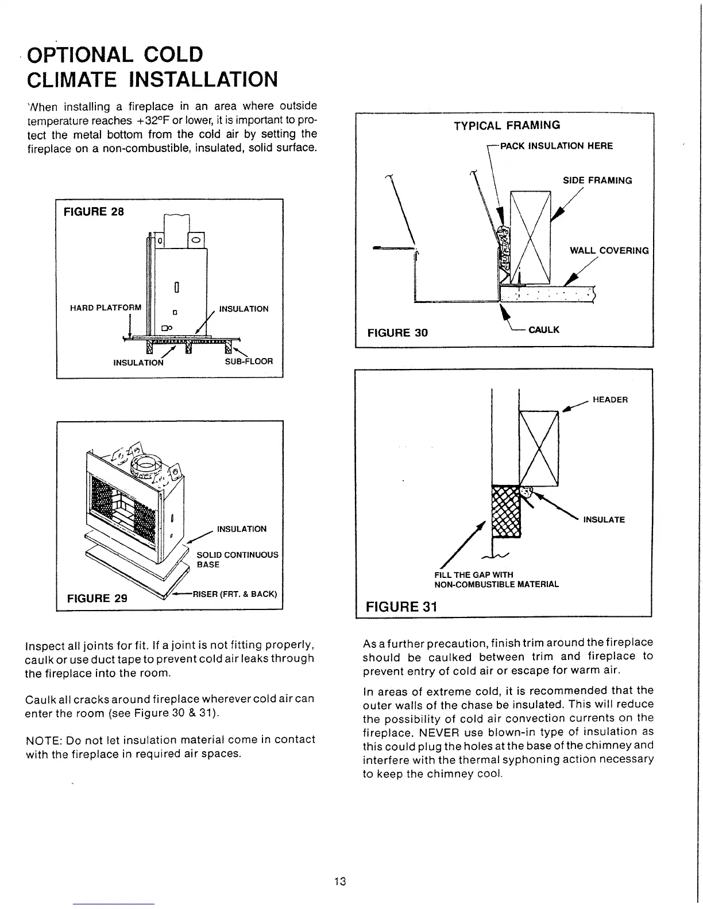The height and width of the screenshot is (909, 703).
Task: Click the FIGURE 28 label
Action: (94, 211)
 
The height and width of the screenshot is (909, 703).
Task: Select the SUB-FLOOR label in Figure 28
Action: (248, 362)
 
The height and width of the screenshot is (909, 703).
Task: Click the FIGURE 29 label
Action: (97, 598)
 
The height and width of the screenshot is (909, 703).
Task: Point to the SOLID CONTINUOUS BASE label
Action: (237, 560)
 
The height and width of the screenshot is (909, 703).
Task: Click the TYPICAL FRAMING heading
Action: (507, 125)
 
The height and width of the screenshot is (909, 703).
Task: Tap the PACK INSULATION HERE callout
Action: (556, 146)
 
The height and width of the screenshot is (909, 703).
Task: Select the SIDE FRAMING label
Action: (597, 180)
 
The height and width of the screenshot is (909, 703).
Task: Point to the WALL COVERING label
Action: (609, 250)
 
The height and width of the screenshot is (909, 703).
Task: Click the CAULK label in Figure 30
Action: (543, 329)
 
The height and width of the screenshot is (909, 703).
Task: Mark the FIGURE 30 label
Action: (397, 333)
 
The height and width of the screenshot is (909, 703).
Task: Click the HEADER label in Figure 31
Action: (610, 399)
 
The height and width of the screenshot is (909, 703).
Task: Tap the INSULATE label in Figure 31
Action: (604, 520)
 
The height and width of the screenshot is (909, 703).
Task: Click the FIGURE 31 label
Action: (402, 607)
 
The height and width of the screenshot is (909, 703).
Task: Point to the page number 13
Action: (339, 881)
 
